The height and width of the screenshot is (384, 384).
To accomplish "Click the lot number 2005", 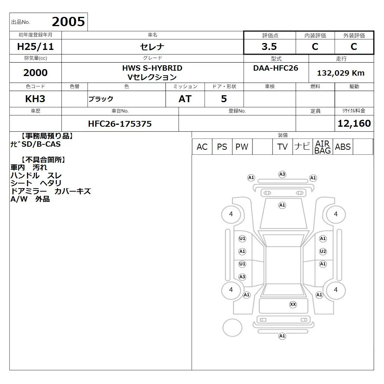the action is pyautogui.click(x=68, y=22).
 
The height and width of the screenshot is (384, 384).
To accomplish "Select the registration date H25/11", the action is pyautogui.click(x=35, y=46).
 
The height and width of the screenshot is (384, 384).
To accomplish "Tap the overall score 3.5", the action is pyautogui.click(x=269, y=46).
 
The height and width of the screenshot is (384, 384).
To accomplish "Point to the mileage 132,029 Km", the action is pyautogui.click(x=341, y=73).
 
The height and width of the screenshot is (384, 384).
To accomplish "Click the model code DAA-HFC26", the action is pyautogui.click(x=276, y=68).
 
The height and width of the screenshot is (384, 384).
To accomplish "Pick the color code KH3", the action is pyautogui.click(x=35, y=99).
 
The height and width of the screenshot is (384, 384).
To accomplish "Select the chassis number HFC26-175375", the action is pyautogui.click(x=120, y=124).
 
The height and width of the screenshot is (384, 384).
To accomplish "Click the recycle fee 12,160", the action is pyautogui.click(x=354, y=123).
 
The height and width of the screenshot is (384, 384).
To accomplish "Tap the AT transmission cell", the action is pyautogui.click(x=185, y=99).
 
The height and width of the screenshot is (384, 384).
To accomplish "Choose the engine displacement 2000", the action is pyautogui.click(x=35, y=73).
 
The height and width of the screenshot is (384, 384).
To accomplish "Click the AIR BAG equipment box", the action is pyautogui.click(x=323, y=147).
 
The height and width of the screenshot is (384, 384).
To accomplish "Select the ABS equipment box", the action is pyautogui.click(x=343, y=147).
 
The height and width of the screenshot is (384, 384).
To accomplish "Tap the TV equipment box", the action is pyautogui.click(x=282, y=147).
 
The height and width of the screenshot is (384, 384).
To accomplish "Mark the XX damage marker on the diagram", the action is pyautogui.click(x=293, y=305).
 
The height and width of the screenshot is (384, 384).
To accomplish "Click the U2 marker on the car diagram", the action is pyautogui.click(x=323, y=252).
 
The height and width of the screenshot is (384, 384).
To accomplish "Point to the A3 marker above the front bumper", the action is pyautogui.click(x=282, y=174).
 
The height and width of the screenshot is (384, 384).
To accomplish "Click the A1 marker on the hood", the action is pyautogui.click(x=282, y=205).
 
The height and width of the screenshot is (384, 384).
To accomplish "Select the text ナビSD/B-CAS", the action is pyautogui.click(x=35, y=144).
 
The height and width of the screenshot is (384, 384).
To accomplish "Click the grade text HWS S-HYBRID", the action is pyautogui.click(x=152, y=68).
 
